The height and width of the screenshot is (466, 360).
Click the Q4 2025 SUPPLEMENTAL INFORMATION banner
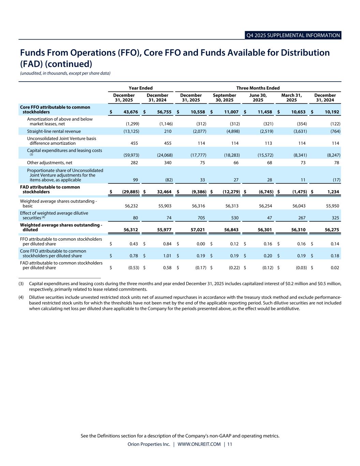click(x=293, y=36)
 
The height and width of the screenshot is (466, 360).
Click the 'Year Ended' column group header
click(x=140, y=88)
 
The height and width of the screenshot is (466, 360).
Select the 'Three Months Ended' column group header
click(x=258, y=88)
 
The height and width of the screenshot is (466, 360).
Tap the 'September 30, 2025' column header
click(x=224, y=98)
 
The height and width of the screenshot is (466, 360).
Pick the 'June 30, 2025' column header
click(x=258, y=98)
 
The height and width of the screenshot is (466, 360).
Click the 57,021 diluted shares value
click(x=198, y=230)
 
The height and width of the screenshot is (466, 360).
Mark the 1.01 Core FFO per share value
click(x=167, y=256)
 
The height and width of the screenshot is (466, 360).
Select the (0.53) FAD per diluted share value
click(x=133, y=268)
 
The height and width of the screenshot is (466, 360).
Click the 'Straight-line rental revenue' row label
click(x=54, y=131)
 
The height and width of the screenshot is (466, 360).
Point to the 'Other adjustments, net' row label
click(x=50, y=163)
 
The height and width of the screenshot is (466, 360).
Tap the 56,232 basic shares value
click(x=131, y=206)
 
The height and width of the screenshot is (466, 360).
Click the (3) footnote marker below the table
click(x=21, y=284)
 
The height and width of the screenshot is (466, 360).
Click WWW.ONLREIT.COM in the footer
click(x=199, y=444)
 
